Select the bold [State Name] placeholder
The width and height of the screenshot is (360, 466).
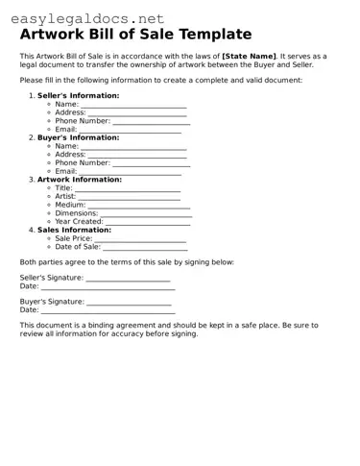249,58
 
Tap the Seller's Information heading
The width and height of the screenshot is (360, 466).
79,96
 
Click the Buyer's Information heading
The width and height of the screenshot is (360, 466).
79,137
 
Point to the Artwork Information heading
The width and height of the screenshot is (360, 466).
80,180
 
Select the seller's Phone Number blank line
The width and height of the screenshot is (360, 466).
151,122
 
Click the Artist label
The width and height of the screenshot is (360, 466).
65,196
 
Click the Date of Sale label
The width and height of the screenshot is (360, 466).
78,247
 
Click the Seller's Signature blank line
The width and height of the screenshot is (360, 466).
128,280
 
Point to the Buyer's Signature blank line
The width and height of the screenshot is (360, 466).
129,304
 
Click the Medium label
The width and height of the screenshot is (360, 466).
70,205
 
